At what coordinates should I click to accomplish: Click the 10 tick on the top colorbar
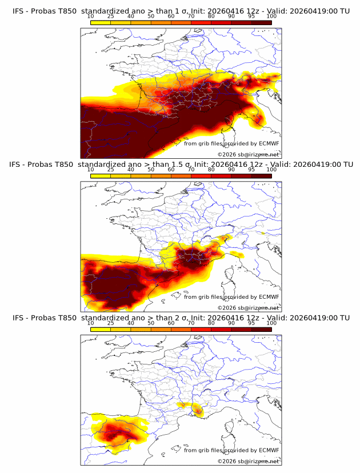point(91,17)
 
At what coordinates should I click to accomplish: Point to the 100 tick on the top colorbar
point(271,17)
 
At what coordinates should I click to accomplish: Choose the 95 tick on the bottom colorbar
point(251,323)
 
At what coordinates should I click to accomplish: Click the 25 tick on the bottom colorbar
point(111,323)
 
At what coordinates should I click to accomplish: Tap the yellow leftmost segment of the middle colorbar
point(101,176)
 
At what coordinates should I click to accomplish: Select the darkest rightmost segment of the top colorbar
point(261,22)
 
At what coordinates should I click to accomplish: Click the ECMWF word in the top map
point(269,143)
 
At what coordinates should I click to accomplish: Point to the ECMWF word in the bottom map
point(269,450)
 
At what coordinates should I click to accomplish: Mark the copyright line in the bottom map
point(248,461)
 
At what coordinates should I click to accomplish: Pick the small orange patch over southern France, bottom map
point(198,409)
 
